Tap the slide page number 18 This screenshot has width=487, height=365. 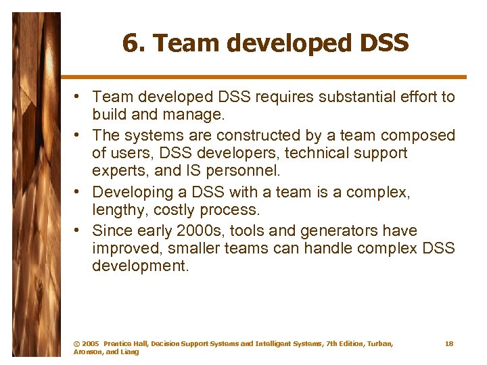pyautogui.click(x=449, y=344)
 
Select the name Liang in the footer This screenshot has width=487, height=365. pyautogui.click(x=129, y=352)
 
